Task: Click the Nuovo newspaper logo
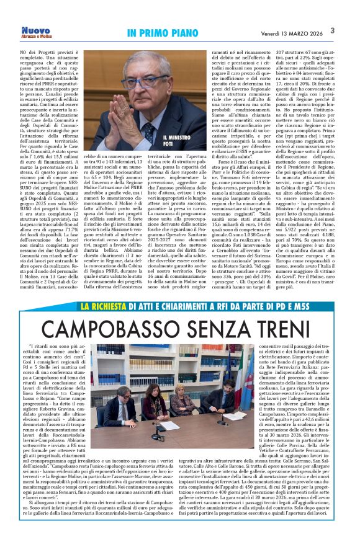pos(35,30)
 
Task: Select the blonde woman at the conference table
pos(183,403)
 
